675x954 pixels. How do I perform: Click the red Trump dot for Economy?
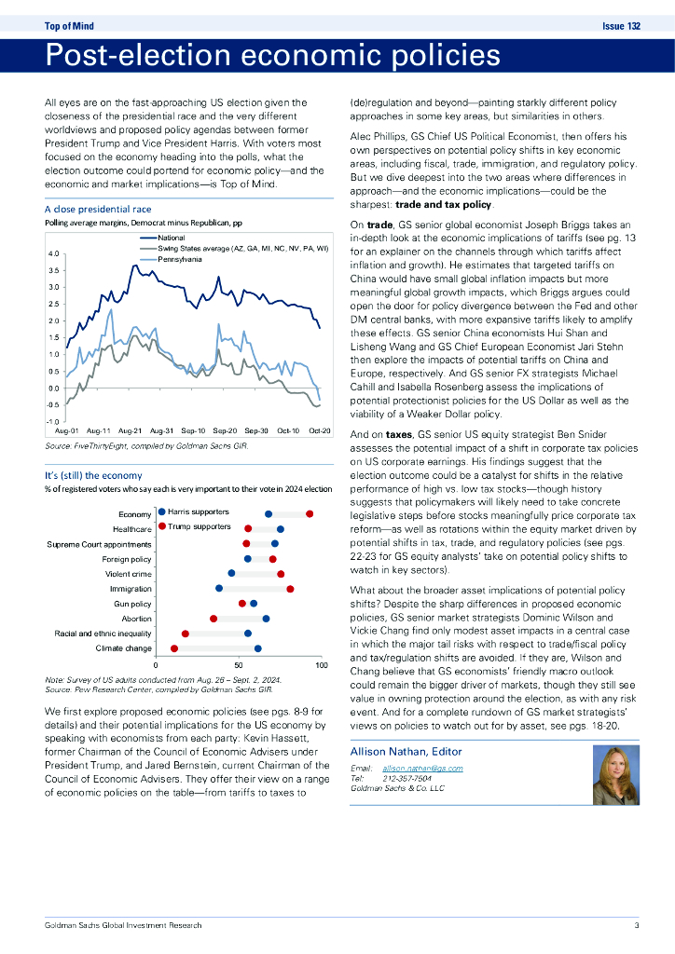310,513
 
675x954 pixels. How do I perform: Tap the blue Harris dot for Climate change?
258,647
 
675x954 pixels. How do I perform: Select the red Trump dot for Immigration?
291,588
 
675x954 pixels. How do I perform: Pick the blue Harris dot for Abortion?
267,618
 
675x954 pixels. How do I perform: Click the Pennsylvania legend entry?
179,259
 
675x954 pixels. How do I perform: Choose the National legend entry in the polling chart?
172,239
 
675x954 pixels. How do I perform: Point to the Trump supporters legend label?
199,527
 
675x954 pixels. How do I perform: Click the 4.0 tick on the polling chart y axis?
52,253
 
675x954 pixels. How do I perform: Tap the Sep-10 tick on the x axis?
194,431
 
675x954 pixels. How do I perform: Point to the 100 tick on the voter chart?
322,665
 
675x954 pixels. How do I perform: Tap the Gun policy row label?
131,604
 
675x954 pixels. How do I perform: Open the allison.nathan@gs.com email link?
422,767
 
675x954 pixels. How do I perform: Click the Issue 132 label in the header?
622,26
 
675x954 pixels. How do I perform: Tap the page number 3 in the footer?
636,925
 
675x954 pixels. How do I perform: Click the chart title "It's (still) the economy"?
93,476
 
